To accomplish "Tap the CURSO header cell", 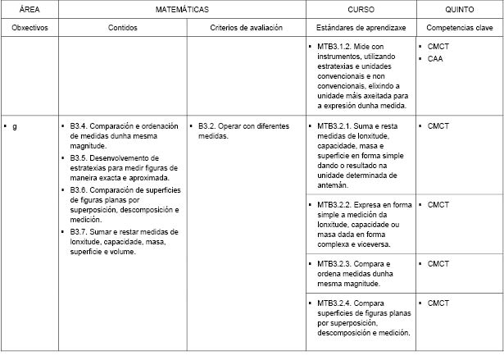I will pos(361,9).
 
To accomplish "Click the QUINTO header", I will pos(458,9).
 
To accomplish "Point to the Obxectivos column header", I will pos(30,27).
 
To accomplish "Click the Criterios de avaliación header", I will pos(247,27).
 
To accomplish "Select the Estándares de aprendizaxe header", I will pos(361,27).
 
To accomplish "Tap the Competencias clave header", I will pos(459,27).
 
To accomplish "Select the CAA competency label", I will pos(435,58).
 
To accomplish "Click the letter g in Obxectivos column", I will pos(14,126).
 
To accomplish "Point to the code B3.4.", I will pos(79,126).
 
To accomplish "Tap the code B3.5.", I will pos(79,157).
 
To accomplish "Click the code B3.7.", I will pos(79,232).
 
